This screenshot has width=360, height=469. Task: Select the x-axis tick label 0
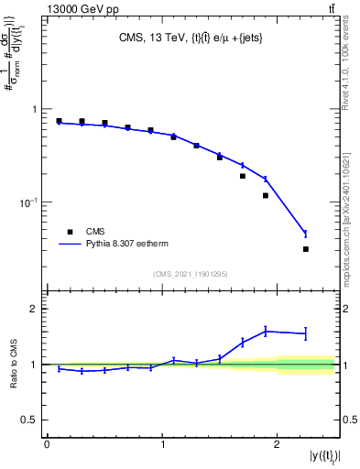coord(47,444)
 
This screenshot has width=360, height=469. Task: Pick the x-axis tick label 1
coord(162,444)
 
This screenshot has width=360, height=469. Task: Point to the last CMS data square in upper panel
coord(306,249)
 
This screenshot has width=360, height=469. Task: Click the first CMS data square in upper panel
coord(59,121)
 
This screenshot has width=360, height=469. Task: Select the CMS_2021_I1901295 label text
coord(190,274)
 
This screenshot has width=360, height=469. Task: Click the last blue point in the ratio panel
coord(306,333)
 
